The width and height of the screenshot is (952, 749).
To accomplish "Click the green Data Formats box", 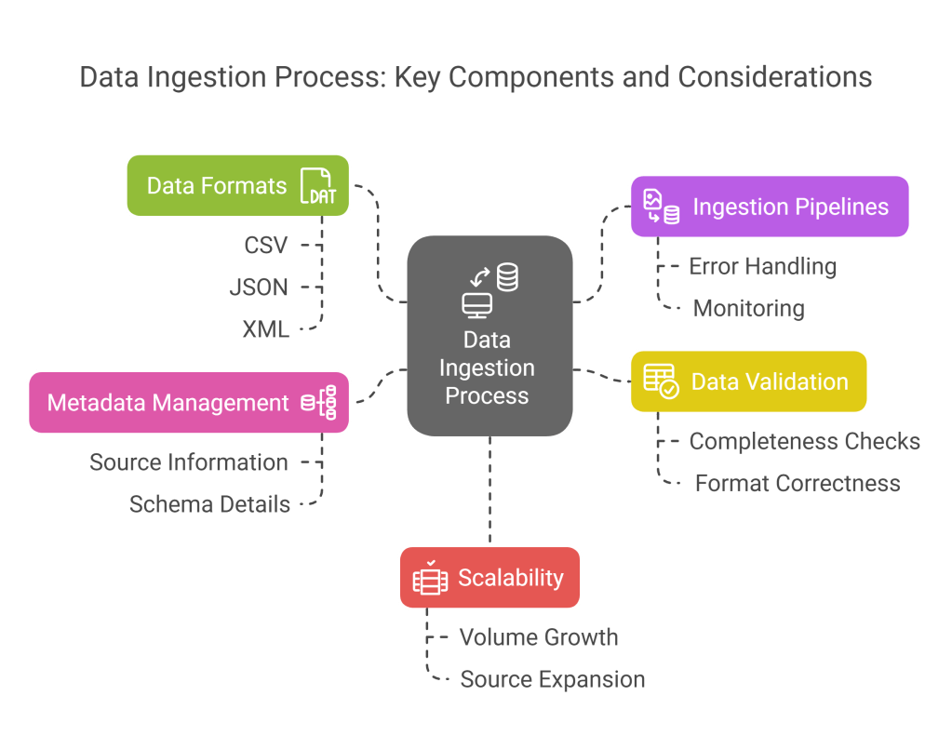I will [237, 185].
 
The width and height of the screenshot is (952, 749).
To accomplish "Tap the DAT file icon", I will [317, 186].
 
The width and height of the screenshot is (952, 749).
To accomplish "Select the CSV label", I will [266, 246].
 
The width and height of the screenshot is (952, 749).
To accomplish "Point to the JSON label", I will [259, 288].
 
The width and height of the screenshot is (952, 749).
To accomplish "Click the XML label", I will [265, 329].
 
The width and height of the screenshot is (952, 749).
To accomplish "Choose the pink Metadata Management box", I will [189, 402].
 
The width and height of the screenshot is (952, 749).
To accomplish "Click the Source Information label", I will [189, 462].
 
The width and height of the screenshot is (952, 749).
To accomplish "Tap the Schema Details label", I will [209, 504].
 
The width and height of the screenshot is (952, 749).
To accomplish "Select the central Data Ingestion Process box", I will [489, 336].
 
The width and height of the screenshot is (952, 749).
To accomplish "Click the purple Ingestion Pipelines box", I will [770, 206].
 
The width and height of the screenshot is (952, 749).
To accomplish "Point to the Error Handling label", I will [762, 266].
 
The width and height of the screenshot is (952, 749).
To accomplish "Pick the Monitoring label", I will [749, 308].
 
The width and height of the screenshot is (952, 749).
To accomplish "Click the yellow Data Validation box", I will [748, 381].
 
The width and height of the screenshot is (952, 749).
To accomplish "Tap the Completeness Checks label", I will [805, 441].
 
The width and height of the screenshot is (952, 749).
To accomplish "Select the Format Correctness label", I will [798, 483].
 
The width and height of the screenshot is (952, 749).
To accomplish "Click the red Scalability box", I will [489, 578].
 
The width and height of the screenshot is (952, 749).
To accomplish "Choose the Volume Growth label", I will [539, 637].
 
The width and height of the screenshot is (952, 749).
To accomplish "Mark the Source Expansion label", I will [553, 679].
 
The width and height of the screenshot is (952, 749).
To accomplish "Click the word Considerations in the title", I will [775, 76].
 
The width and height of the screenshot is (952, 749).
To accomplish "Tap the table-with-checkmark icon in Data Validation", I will [661, 381].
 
